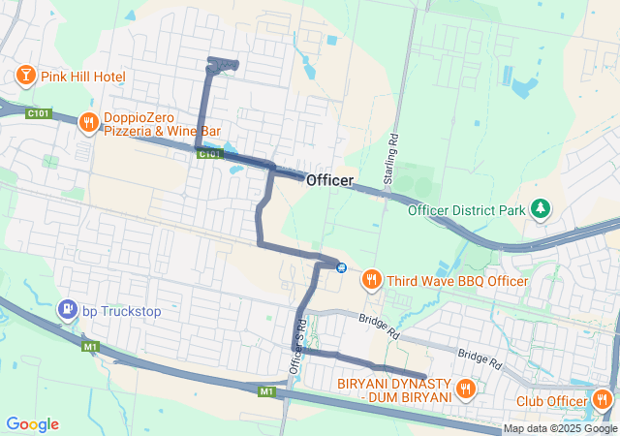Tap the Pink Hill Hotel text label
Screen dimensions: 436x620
pos(83,77)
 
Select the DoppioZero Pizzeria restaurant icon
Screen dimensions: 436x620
pos(87,122)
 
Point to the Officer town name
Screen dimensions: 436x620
pos(329,180)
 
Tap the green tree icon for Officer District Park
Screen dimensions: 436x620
pos(541,208)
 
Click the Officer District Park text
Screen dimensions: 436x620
pos(466,209)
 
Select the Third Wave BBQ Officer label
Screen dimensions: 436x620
pos(457,281)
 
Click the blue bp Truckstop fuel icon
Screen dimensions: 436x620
pos(67,311)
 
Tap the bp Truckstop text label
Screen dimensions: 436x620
pos(122,312)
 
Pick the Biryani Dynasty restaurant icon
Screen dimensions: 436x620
pos(466,389)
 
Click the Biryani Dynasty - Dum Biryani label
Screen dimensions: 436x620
pos(395,389)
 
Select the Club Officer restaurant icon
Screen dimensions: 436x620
pos(603,398)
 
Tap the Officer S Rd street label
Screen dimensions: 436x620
pos(297,348)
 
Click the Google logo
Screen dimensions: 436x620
pos(32,424)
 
